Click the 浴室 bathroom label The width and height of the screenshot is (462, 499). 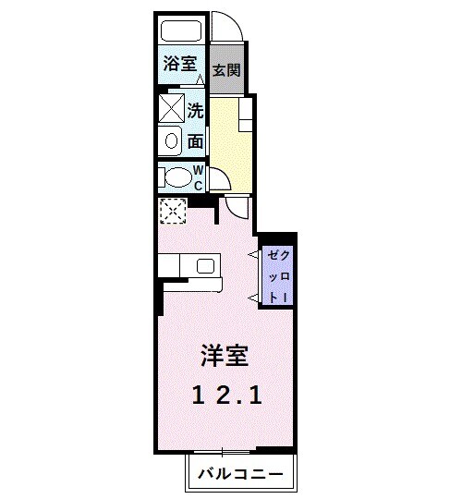[x=179, y=64]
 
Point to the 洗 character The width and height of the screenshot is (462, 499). [x=196, y=112]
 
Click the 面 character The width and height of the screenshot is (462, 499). [x=196, y=141]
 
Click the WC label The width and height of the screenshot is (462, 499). [x=198, y=176]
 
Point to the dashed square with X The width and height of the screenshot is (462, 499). [x=172, y=212]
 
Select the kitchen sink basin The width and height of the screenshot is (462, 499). [x=205, y=267]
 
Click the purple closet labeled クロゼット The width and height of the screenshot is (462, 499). [x=279, y=274]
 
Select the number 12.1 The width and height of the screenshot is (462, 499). [x=227, y=396]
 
